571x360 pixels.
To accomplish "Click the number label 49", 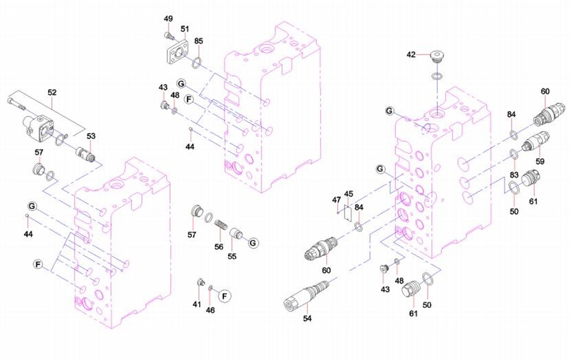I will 168,19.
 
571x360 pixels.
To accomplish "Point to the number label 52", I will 52,93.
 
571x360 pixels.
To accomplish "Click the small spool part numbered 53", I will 86,154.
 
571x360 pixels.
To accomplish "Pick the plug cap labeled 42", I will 437,56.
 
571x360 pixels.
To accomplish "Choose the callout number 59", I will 540,162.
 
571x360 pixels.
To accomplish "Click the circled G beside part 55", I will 253,242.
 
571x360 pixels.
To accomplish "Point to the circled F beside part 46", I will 224,296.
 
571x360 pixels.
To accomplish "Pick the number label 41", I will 196,304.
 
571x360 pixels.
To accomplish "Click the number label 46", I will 210,310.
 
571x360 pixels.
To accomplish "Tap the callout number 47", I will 336,200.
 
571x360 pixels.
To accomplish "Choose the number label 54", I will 308,318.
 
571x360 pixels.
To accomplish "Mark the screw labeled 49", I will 168,36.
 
